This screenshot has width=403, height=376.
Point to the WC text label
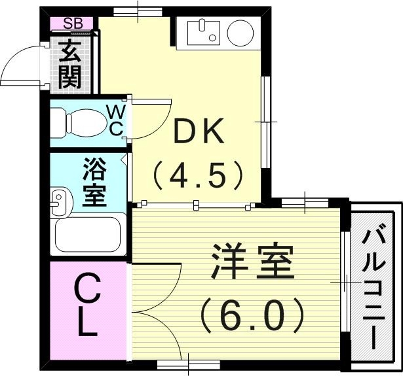coord(115,120)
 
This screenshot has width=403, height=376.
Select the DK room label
coord(198,134)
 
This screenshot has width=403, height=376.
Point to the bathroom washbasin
coord(60,201)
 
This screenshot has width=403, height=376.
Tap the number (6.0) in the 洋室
coord(252,315)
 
